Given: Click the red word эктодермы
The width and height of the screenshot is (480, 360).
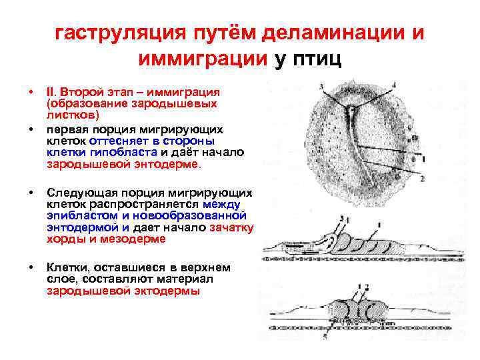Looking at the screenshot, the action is pyautogui.click(x=167, y=291).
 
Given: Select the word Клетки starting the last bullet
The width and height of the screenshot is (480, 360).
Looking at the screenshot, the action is pyautogui.click(x=66, y=268).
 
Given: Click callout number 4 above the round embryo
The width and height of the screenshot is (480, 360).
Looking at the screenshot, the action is pyautogui.click(x=393, y=85).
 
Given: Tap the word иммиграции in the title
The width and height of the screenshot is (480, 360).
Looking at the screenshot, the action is pyautogui.click(x=203, y=59).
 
